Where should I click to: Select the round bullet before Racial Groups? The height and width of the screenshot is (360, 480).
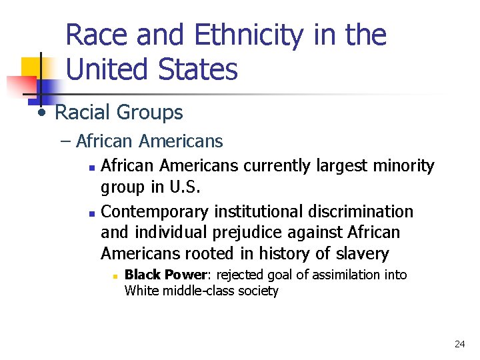tap(42, 111)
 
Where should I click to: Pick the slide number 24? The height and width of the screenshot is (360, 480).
tap(459, 344)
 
